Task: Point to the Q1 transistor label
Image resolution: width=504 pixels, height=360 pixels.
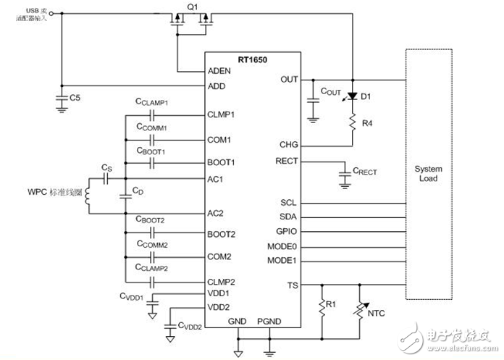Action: [x=191, y=7]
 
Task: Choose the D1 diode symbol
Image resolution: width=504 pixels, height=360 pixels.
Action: [x=353, y=96]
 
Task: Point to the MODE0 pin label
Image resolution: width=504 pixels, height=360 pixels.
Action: [x=285, y=246]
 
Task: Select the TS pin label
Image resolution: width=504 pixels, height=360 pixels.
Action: [x=293, y=285]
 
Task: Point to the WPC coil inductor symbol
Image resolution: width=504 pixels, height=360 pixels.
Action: [x=88, y=196]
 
